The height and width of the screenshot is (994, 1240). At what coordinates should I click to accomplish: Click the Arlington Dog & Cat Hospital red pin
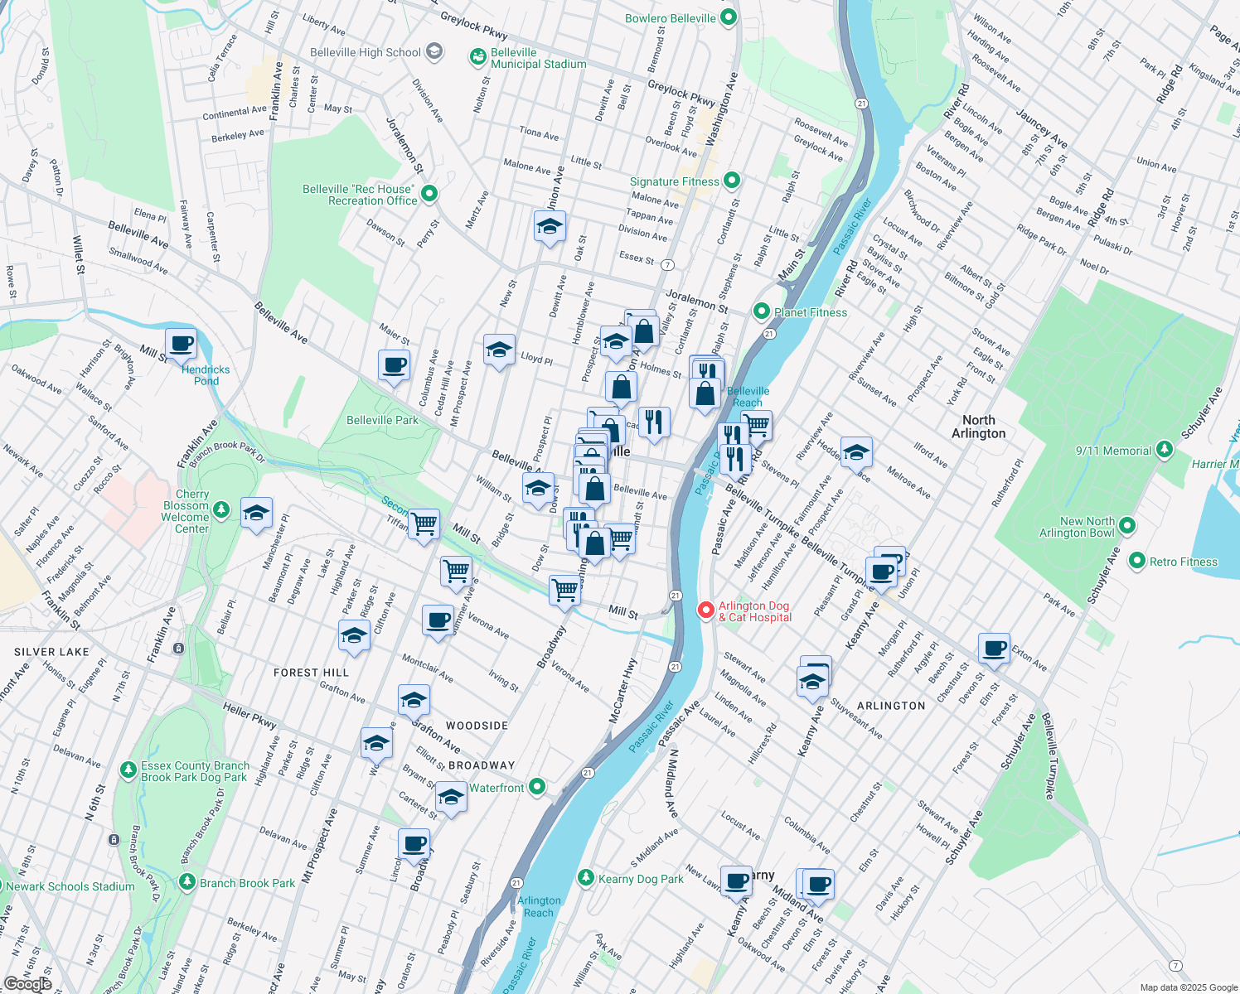click(x=705, y=610)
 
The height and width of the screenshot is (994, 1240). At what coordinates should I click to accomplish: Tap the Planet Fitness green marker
click(x=761, y=311)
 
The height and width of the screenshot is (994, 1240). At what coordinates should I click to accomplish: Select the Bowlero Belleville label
click(x=670, y=18)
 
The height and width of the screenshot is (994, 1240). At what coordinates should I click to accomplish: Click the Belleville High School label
click(x=366, y=52)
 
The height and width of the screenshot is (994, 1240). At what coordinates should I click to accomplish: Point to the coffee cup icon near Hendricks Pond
click(x=181, y=343)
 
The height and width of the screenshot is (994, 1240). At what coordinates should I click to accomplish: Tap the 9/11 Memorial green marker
click(x=1165, y=449)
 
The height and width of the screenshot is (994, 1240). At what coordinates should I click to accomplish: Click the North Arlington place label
click(x=978, y=427)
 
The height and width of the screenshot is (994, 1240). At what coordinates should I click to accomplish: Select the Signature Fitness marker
click(x=731, y=180)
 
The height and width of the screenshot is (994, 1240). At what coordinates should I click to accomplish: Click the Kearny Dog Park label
click(x=641, y=879)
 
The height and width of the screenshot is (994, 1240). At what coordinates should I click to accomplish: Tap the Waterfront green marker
click(x=537, y=787)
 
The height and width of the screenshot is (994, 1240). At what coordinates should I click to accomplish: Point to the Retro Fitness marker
click(x=1136, y=561)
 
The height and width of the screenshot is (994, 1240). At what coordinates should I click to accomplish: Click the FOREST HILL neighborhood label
click(x=311, y=673)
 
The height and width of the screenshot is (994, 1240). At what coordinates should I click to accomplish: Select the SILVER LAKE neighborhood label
click(x=51, y=652)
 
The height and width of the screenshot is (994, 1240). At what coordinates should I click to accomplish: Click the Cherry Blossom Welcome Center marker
click(x=221, y=509)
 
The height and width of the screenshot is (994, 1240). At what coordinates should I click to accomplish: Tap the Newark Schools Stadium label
click(x=70, y=886)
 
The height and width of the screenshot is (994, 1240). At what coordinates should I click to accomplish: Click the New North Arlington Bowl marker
click(x=1126, y=525)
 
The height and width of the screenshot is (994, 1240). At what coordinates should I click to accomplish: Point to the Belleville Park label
click(x=382, y=420)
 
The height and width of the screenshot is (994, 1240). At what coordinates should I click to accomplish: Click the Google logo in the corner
click(x=27, y=983)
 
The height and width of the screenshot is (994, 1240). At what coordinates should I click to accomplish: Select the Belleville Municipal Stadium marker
click(x=477, y=56)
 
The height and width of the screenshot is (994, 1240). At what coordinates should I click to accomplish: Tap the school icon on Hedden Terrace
click(x=856, y=452)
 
